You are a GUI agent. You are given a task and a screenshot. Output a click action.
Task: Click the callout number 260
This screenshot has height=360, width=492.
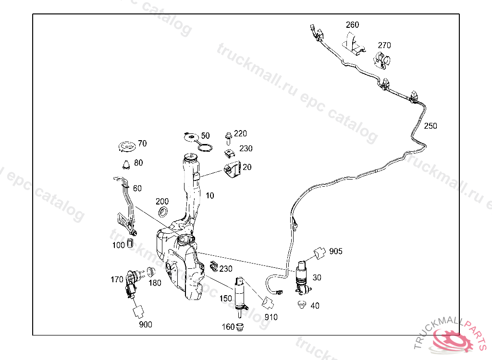click(x=352, y=25)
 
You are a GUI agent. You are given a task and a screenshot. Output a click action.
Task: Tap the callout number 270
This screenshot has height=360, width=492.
click(x=384, y=45)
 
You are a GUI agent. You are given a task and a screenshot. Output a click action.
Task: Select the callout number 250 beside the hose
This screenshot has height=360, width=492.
click(x=430, y=126)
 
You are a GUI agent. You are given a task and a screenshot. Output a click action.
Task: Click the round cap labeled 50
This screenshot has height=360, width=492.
click(x=191, y=137)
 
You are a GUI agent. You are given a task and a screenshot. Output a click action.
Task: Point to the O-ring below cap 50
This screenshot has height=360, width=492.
click(x=205, y=147)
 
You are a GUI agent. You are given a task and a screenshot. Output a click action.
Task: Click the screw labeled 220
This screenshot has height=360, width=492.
click(x=228, y=138)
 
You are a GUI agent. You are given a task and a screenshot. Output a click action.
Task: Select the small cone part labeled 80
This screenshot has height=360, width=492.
click(x=126, y=164)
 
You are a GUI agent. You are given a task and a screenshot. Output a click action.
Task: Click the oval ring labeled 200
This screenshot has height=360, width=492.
click(x=163, y=212)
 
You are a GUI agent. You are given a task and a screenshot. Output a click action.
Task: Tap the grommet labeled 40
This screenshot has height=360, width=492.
click(x=302, y=305)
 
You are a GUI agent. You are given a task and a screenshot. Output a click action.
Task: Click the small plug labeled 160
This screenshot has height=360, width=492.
click(x=241, y=327)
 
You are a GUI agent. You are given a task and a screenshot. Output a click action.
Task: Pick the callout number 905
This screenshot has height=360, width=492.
click(x=336, y=251)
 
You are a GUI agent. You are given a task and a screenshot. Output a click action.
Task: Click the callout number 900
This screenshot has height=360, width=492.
click(x=145, y=324)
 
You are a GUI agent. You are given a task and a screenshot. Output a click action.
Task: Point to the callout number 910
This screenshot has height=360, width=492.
click(x=271, y=317)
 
